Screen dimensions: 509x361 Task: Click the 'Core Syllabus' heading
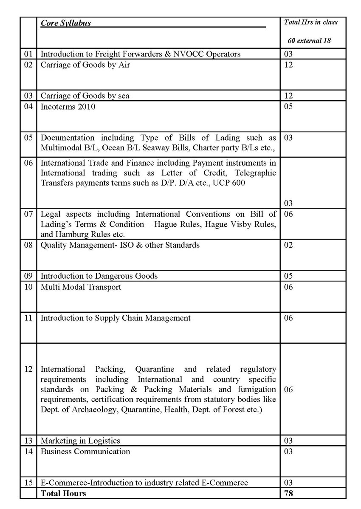(65, 23)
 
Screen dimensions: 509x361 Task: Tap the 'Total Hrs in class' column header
(310, 22)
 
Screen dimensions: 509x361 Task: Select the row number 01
(28, 54)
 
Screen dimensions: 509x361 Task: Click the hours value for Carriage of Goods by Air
(288, 65)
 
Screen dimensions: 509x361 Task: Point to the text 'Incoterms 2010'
(68, 107)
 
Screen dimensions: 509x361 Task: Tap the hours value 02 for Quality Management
(288, 245)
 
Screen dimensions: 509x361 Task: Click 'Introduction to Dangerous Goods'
(99, 276)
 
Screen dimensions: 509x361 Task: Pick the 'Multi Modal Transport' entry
(81, 287)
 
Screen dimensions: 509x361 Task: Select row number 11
(28, 318)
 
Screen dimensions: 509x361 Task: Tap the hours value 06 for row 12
(288, 390)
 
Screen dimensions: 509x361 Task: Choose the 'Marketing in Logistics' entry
(80, 441)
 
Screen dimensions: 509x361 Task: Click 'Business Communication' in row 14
(85, 451)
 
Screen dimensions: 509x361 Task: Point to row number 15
(28, 483)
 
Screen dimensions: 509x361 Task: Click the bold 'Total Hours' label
(63, 493)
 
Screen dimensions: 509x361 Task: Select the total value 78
(288, 493)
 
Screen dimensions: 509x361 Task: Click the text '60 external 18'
(309, 41)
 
